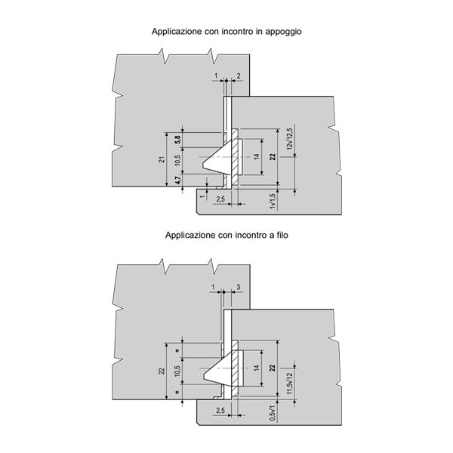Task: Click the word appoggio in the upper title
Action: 283,32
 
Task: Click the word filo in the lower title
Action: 282,235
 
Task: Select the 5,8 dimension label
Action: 177,140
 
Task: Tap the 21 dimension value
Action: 162,159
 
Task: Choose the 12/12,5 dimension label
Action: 289,139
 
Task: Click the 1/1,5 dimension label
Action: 273,201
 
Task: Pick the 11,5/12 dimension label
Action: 290,384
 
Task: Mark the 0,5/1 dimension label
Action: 273,412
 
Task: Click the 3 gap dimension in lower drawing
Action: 239,287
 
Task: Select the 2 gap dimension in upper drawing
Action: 239,76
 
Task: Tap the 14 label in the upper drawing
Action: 257,156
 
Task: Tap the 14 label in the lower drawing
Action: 257,368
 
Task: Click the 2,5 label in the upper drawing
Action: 220,199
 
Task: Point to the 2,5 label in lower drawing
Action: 220,411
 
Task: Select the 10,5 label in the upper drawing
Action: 177,160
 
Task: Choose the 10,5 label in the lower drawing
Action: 177,371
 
